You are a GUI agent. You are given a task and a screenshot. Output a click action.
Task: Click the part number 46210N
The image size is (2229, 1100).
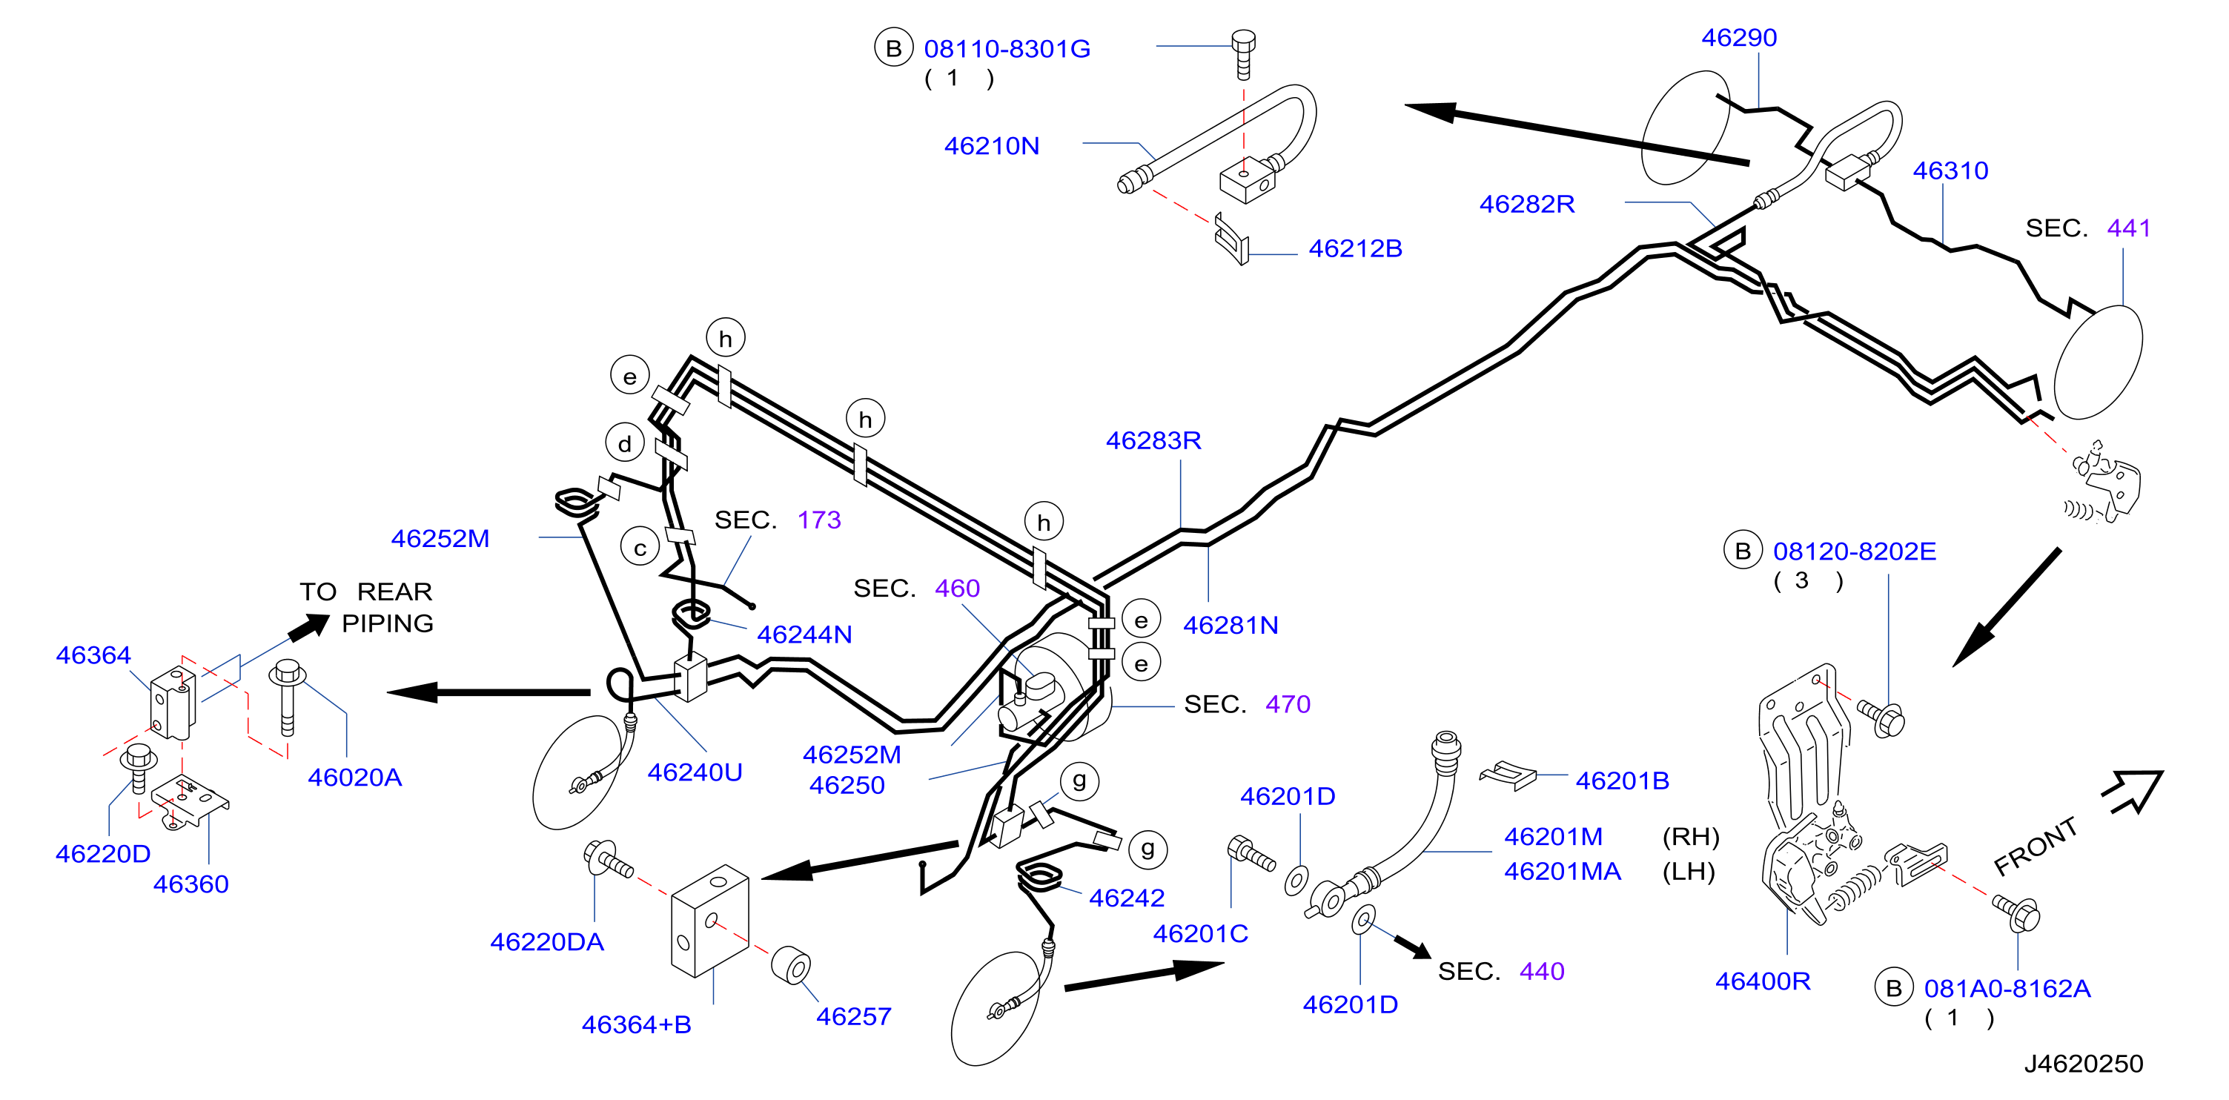pos(992,145)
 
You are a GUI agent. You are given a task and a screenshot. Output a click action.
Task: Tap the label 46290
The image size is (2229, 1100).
pos(1739,37)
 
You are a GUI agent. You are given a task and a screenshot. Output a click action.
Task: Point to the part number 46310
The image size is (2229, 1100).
pos(1950,170)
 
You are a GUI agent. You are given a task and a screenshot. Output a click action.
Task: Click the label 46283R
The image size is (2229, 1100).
pos(1153,440)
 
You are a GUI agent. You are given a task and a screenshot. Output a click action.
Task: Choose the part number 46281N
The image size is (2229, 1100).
pos(1231,625)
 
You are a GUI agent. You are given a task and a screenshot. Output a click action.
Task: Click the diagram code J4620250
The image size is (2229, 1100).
pos(2084,1064)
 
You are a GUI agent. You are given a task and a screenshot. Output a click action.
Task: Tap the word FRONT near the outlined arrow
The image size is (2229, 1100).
pos(2036,846)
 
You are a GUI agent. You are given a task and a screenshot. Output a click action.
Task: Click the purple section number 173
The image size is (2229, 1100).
pos(818,520)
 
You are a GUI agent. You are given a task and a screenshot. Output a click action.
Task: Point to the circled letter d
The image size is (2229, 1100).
pos(625,444)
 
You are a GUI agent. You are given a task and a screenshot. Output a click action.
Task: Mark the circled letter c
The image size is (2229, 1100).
pos(640,547)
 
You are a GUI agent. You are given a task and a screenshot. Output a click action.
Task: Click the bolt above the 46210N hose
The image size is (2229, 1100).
pos(1243,53)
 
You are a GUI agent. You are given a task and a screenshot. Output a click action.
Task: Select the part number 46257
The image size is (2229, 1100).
pos(853,1016)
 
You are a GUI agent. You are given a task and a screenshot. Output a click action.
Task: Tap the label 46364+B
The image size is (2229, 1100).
pos(636,1024)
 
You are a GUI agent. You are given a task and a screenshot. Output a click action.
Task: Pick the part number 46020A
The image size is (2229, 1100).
pos(355,777)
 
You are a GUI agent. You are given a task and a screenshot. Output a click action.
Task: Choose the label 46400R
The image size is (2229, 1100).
pos(1763,981)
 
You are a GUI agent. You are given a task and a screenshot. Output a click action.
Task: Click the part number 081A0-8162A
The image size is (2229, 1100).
pos(2007,988)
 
